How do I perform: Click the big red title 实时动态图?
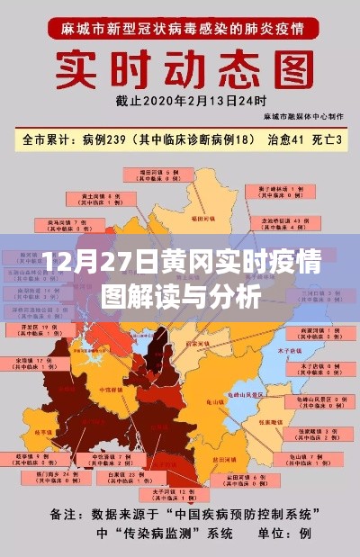coord(179,70)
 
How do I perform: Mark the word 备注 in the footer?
coord(67,514)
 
